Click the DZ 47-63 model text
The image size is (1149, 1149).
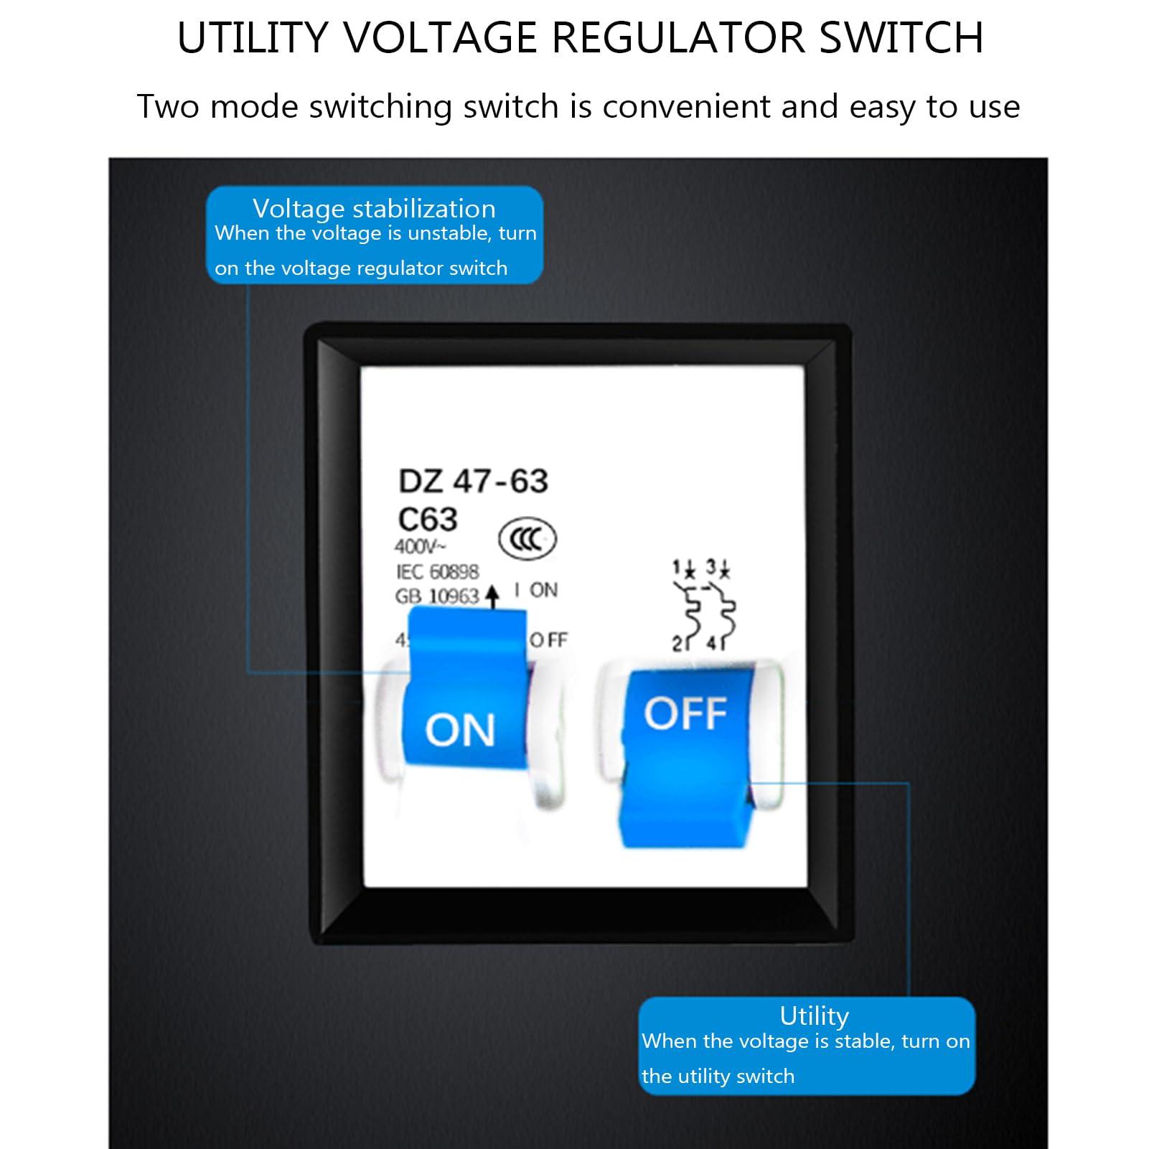coord(473,482)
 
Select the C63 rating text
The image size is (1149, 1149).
coord(428,519)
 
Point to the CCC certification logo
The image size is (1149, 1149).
coord(527,539)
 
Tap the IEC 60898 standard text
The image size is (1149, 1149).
coord(437,571)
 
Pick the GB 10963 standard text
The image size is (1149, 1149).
coord(436,596)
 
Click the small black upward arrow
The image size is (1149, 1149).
coord(492,596)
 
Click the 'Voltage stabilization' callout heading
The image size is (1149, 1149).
coord(374,209)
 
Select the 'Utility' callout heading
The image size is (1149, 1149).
coord(814,1016)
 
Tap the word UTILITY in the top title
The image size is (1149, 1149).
coord(253,38)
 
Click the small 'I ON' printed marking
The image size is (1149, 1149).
coord(536,590)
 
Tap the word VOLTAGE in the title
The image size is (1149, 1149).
coord(441,38)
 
